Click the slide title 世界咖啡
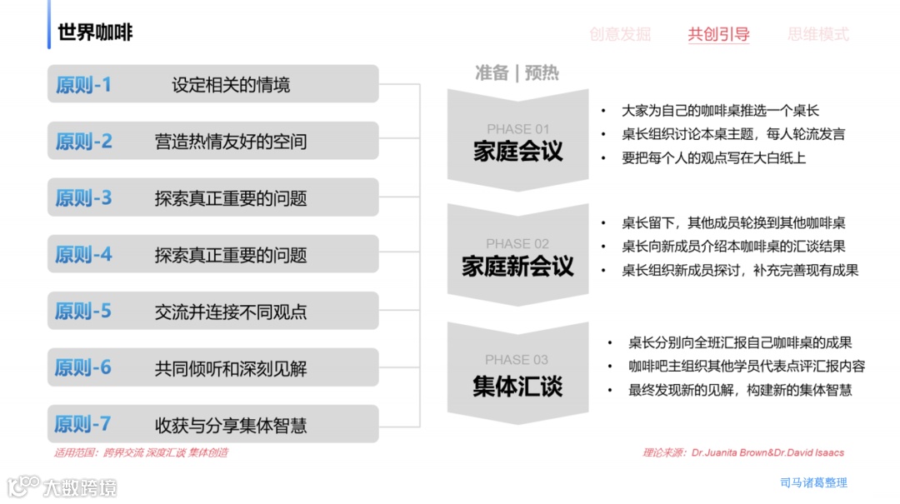(95, 33)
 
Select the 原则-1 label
(83, 85)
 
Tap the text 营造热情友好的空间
(231, 142)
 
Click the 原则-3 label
(83, 198)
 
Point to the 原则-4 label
(83, 255)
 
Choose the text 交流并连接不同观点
(231, 312)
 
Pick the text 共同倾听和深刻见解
(231, 368)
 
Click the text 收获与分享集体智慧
(231, 425)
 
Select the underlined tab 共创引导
(718, 35)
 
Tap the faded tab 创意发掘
(620, 35)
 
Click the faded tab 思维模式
(818, 35)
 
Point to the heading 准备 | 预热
(517, 73)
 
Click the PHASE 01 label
(518, 129)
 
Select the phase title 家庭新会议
(518, 267)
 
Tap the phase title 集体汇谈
(518, 386)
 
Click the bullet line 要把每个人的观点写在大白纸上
(714, 157)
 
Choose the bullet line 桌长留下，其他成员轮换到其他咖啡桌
(733, 223)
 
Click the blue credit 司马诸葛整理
(813, 482)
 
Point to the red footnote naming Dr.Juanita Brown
(743, 453)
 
